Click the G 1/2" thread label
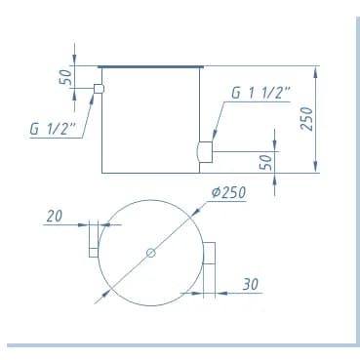[x=53, y=129]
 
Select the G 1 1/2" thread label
[x=260, y=93]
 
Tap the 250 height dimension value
[x=307, y=118]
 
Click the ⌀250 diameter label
[x=228, y=192]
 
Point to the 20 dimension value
[x=54, y=217]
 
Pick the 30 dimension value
[x=251, y=284]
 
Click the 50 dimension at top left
[x=65, y=77]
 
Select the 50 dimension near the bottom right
[x=265, y=162]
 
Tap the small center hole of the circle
[x=151, y=253]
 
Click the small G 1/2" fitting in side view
[x=99, y=89]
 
